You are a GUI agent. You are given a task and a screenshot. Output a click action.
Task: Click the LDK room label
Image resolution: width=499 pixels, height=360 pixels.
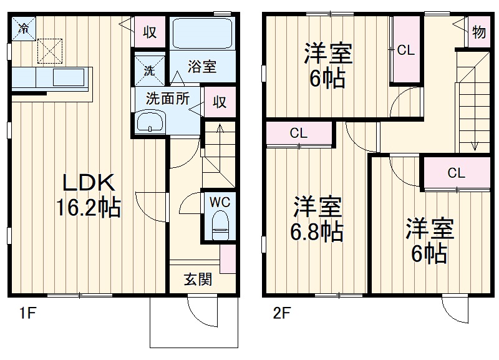point(88,183)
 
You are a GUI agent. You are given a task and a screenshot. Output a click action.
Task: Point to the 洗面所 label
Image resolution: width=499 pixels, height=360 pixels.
point(167,99)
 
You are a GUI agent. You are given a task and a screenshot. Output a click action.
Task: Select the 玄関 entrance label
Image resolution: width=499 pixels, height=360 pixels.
point(198,279)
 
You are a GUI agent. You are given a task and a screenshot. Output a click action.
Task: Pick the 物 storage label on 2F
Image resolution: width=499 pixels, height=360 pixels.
point(478,32)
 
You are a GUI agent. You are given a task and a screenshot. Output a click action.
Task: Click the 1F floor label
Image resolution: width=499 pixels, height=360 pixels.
point(24,313)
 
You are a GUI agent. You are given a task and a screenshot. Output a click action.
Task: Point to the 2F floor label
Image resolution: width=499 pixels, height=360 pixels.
point(281,313)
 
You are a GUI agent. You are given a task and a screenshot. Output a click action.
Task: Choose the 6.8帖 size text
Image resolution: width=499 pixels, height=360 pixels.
point(317,231)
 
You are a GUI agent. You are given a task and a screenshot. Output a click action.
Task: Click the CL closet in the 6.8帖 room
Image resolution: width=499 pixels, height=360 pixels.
point(299,133)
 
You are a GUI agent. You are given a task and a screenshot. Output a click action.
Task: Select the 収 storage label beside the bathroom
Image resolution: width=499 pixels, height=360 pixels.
point(150,32)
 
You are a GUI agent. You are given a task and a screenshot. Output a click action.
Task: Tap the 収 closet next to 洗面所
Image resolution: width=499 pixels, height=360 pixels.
point(220,102)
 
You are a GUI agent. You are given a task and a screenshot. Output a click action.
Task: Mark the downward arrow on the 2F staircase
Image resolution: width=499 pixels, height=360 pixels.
point(475,140)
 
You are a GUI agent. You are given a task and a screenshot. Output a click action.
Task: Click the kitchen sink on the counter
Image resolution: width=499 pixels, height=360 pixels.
point(69,78)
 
